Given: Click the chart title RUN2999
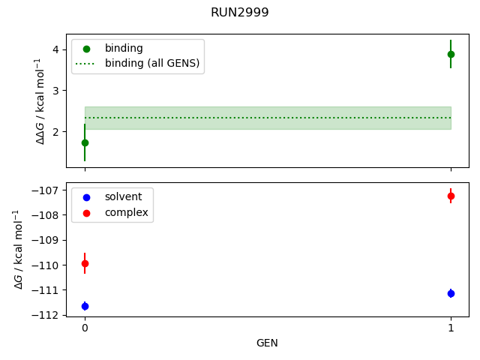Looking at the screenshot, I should pos(240,13).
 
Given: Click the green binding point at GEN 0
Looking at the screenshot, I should pos(85,142).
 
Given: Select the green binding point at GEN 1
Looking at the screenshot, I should pos(451,54).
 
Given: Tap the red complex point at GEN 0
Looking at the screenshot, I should pos(85,263).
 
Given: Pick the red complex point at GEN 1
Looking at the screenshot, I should pos(451,196).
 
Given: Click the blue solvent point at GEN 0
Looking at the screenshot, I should pos(85,306).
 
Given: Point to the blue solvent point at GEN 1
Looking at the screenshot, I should pos(451,293).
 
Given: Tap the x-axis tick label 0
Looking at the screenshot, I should pos(85,328).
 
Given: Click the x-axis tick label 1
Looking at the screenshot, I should pos(451,328).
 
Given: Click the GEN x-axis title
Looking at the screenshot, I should pos(268,343).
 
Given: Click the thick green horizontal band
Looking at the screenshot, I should pos(268,118).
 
